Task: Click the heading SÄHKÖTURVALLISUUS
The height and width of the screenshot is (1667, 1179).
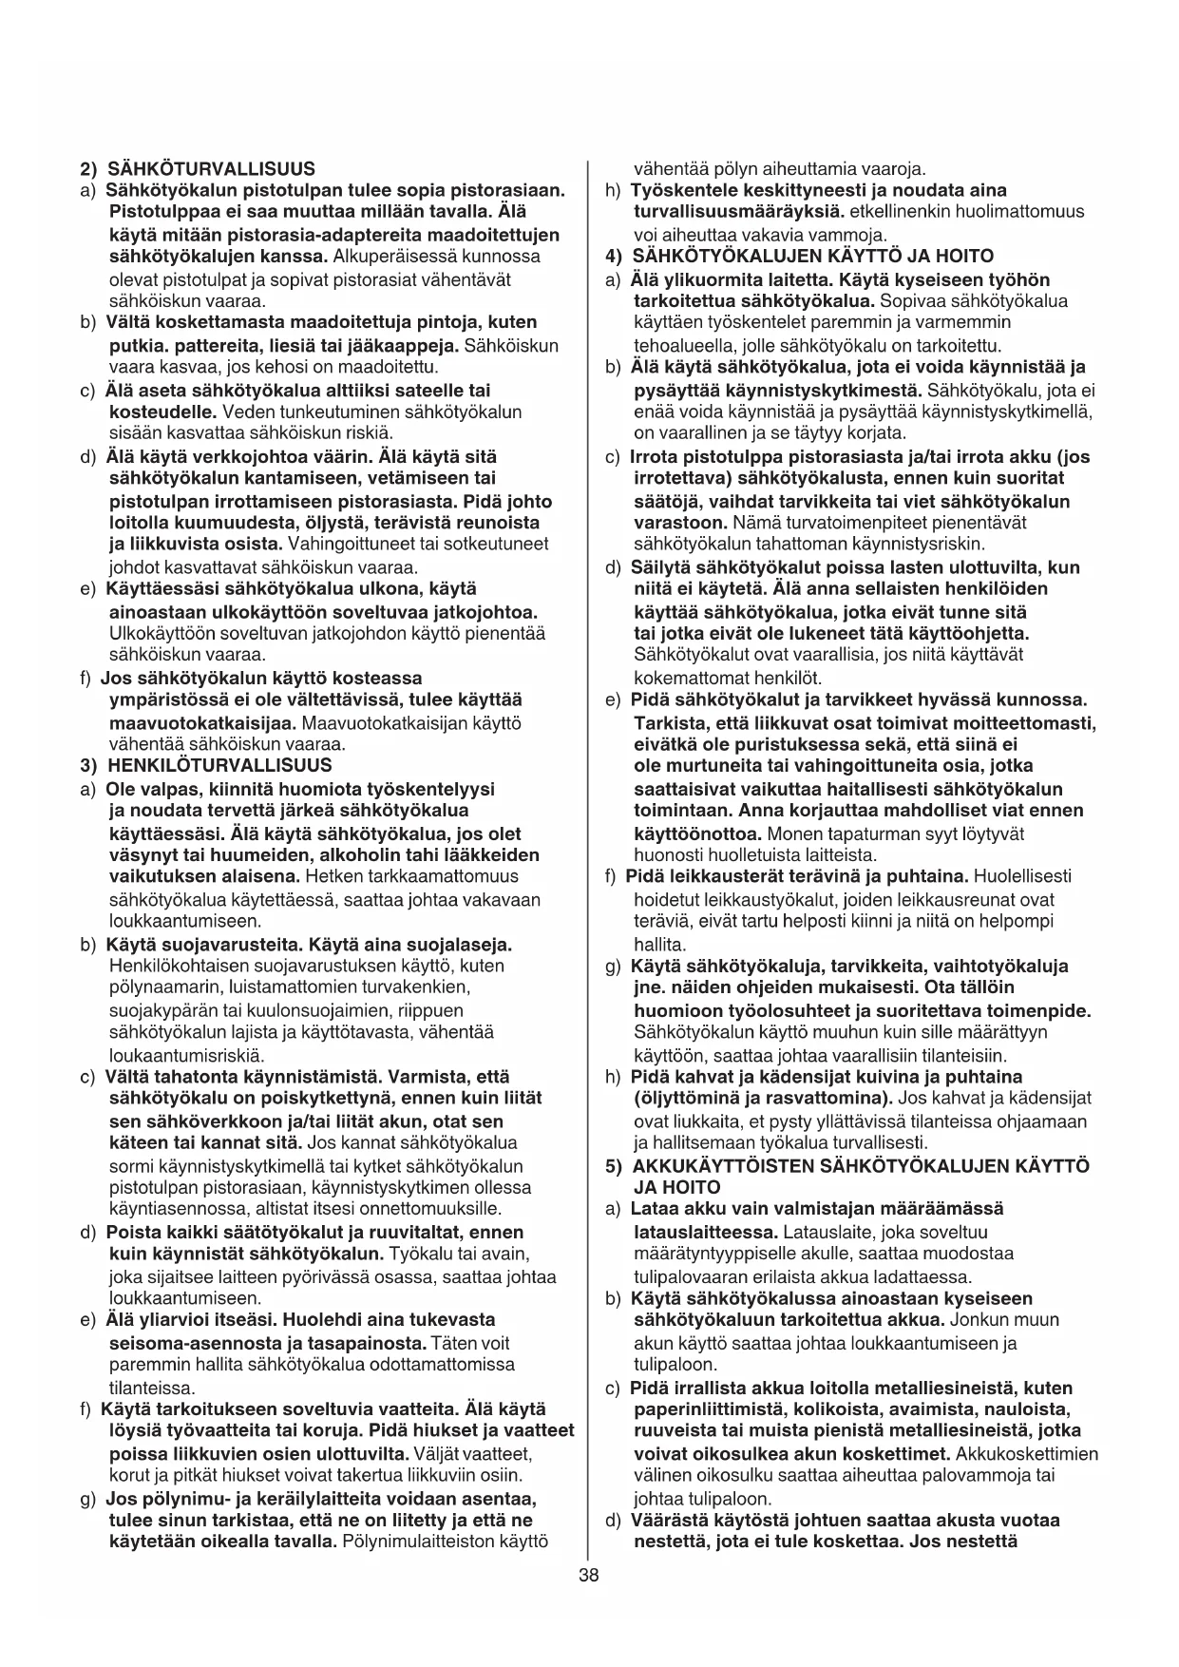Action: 210,169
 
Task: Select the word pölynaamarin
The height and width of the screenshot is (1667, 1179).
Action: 158,987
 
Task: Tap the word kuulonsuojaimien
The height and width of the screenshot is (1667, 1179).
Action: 300,1010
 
